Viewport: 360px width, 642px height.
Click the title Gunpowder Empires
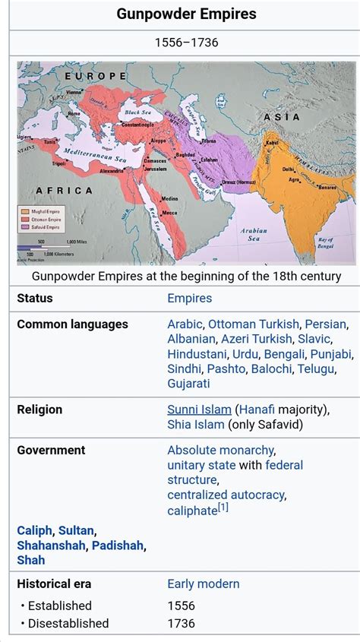(x=186, y=14)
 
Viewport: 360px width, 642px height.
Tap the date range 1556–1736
(x=186, y=43)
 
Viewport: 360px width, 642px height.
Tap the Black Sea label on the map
(x=139, y=112)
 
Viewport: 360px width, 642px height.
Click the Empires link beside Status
(x=189, y=299)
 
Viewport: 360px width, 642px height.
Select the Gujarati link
(x=188, y=384)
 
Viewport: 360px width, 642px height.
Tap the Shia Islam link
(x=196, y=425)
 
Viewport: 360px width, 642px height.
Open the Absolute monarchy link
(x=220, y=450)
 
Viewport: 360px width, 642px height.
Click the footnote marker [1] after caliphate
(x=223, y=507)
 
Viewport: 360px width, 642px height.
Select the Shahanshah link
(x=51, y=546)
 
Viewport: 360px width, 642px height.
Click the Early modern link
(x=203, y=583)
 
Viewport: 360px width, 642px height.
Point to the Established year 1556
(x=181, y=606)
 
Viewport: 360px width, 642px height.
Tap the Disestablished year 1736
(x=181, y=623)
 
